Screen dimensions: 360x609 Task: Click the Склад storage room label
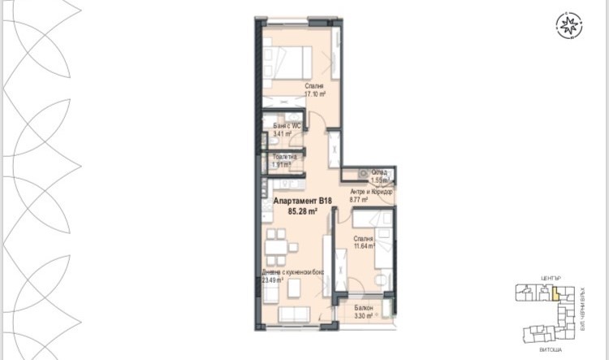coord(379,171)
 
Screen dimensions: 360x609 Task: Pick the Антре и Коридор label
coord(370,192)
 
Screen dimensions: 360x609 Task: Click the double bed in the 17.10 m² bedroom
coord(287,59)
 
